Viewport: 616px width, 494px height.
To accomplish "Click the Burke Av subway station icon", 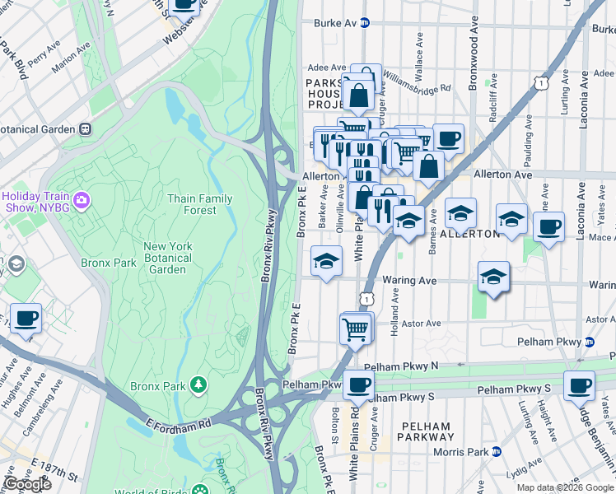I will click(x=363, y=23).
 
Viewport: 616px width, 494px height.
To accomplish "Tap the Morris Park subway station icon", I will click(x=496, y=451).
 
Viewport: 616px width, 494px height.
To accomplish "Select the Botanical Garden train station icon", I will click(x=84, y=129).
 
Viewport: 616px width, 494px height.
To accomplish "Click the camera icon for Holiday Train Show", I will click(x=81, y=199).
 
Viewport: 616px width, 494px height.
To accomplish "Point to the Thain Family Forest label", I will click(x=199, y=204).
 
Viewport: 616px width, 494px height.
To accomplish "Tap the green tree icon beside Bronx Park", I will click(x=198, y=384).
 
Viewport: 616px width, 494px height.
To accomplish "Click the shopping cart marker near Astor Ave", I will click(x=356, y=329).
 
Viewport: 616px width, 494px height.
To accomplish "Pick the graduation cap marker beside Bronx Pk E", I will click(x=326, y=262).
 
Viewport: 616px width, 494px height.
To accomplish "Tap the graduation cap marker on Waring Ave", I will click(x=493, y=277).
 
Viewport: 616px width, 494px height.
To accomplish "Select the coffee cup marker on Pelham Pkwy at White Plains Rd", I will click(x=357, y=384).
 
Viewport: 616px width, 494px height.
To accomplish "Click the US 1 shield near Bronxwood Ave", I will click(x=540, y=83).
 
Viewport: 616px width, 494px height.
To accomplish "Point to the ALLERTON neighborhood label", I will click(x=469, y=234).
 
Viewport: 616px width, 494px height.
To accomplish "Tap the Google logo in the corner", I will click(x=28, y=484).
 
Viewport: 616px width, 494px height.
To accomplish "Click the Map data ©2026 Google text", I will click(x=565, y=487).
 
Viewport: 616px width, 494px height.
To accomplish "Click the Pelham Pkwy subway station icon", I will click(x=590, y=341).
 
